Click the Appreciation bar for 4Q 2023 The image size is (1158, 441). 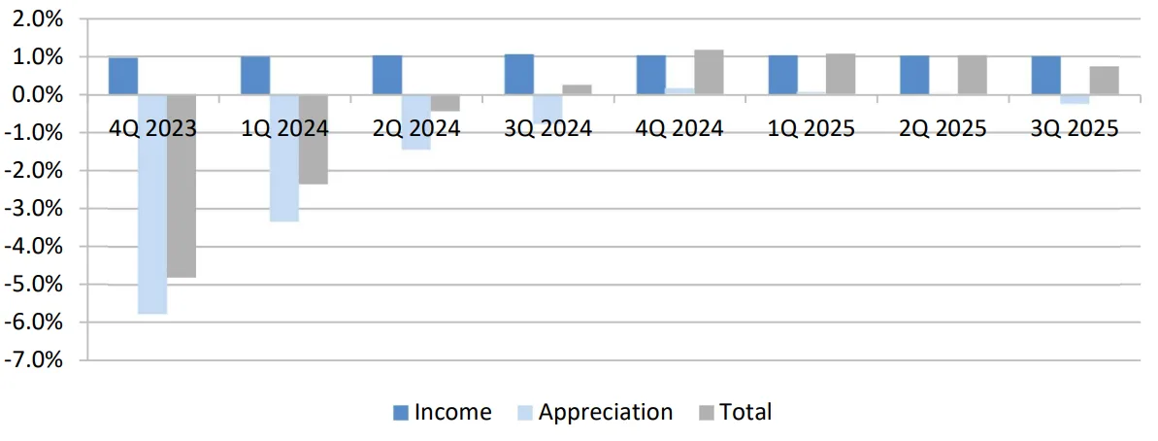click(x=151, y=204)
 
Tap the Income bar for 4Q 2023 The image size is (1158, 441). click(x=122, y=76)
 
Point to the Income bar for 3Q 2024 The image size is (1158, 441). click(x=518, y=75)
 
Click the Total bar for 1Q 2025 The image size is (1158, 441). click(x=841, y=74)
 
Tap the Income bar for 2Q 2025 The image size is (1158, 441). click(x=914, y=75)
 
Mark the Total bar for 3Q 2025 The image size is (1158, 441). click(x=1104, y=81)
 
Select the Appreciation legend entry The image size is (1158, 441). click(x=593, y=412)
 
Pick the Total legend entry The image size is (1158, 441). click(x=735, y=412)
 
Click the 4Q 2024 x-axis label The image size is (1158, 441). click(x=680, y=128)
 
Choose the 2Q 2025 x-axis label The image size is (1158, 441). click(x=943, y=128)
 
